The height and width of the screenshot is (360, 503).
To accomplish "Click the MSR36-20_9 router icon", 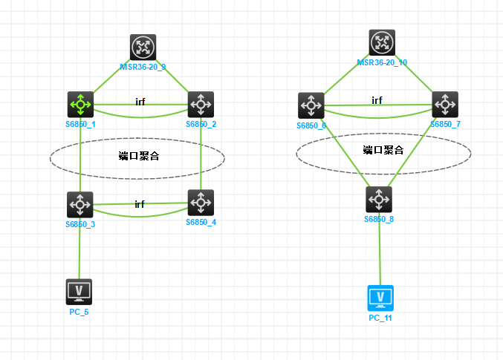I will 142,47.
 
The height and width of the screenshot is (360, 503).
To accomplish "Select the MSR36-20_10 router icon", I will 382,42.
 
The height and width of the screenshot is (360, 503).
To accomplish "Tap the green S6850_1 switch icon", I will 80,104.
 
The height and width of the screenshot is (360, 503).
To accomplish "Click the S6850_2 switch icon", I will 201,104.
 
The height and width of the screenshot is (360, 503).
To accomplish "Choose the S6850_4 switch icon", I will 201,202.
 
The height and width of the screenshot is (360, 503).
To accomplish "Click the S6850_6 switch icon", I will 311,105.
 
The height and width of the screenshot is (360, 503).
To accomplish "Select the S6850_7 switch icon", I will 445,105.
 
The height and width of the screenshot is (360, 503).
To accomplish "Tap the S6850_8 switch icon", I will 379,199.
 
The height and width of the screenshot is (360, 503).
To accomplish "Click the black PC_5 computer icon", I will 79,292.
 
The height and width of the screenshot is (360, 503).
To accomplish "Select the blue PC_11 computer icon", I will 380,298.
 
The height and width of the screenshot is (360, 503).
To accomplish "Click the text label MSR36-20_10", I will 382,62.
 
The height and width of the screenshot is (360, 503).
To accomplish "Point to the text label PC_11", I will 380,318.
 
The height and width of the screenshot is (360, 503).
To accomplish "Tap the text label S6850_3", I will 79,223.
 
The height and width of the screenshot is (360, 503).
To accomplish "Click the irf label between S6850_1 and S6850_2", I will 140,101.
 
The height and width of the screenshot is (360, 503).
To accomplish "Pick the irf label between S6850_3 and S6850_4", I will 140,203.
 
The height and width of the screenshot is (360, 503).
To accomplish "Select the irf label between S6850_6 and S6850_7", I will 377,100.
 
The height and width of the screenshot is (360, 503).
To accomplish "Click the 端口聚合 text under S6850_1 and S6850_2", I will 139,156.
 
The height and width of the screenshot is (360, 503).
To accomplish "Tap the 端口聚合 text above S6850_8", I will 383,150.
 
